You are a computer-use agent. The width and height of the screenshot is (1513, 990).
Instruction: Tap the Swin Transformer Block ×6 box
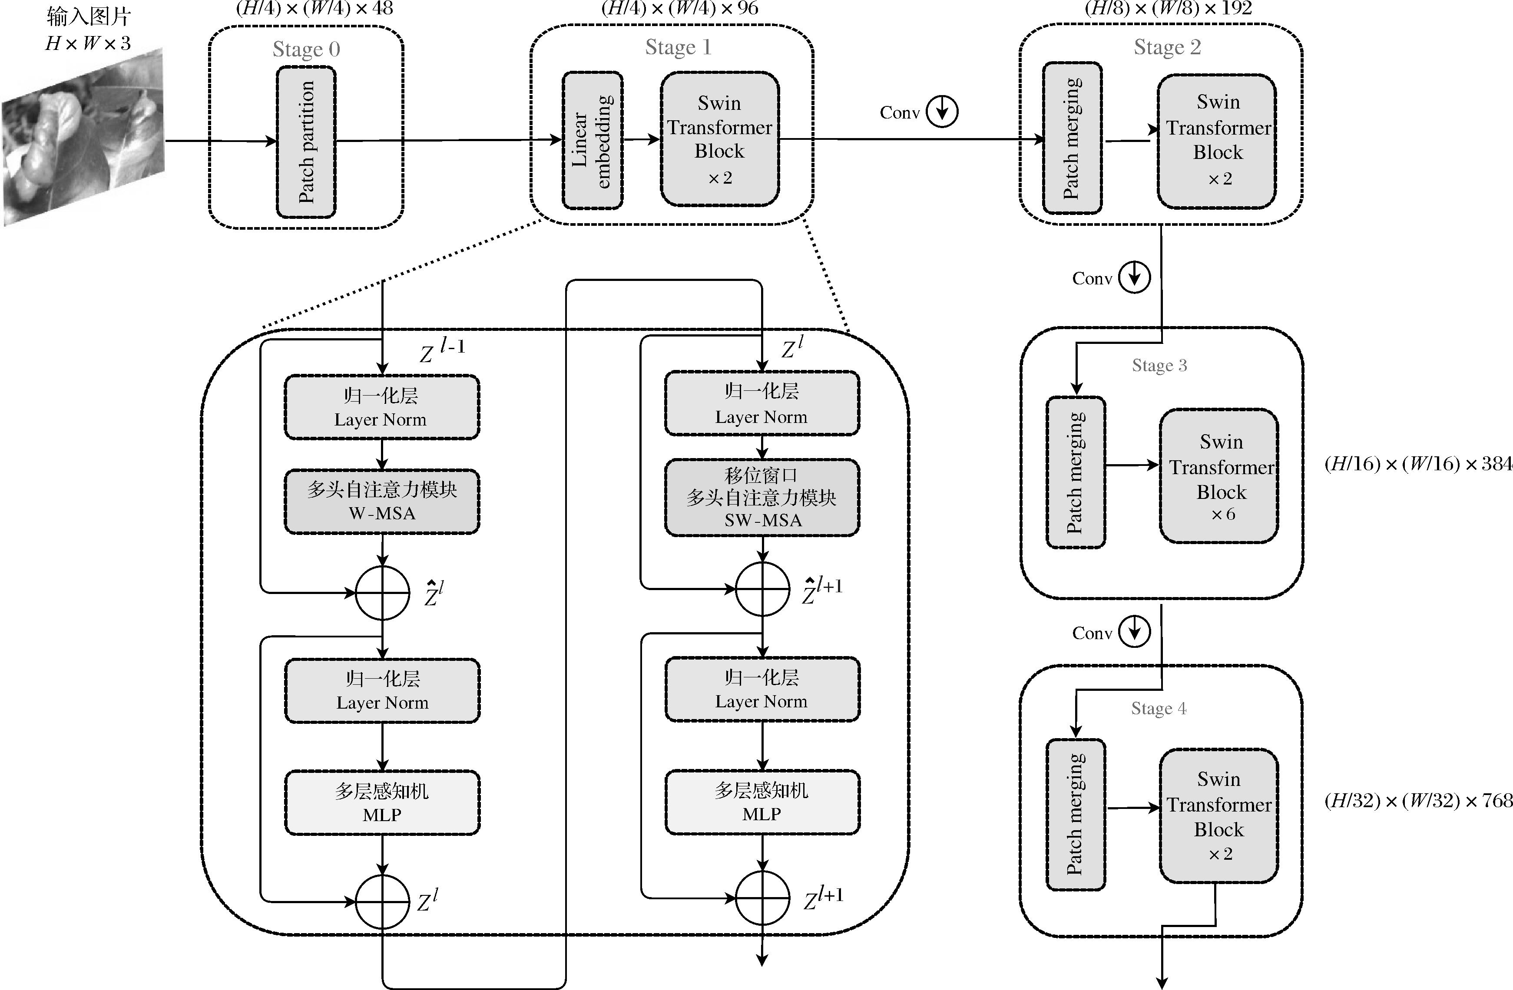point(1218,476)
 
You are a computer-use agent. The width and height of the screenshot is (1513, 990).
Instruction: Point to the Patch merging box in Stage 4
point(1076,815)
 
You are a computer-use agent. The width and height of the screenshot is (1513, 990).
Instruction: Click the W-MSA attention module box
point(381,502)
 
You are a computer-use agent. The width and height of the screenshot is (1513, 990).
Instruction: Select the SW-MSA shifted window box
point(761,498)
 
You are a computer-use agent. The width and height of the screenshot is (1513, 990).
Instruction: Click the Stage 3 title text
point(1159,365)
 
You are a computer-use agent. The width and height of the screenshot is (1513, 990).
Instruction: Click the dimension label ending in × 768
point(1417,801)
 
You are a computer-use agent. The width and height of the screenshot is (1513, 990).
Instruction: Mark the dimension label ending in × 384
point(1417,464)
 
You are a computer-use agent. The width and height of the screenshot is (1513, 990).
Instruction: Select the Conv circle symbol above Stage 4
point(1134,632)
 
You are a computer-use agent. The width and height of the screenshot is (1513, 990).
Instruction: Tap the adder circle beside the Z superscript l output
point(382,901)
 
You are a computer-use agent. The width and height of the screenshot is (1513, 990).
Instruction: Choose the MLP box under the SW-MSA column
point(761,802)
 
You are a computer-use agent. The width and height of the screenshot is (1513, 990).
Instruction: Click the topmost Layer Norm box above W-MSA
point(381,407)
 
